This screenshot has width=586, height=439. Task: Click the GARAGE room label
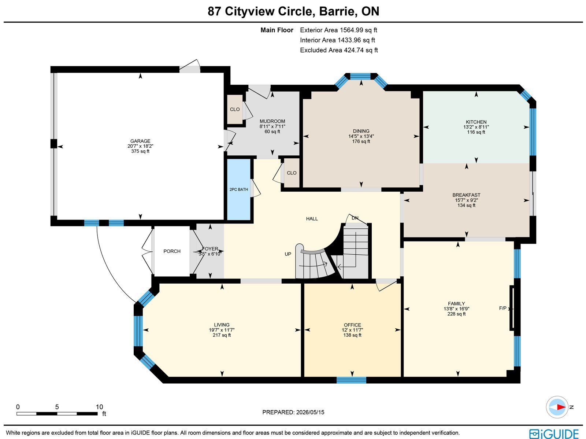[x=140, y=141]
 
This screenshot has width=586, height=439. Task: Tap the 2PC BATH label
[x=239, y=189]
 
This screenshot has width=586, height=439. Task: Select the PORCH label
[x=172, y=251]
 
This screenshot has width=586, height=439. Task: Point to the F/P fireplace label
[x=503, y=308]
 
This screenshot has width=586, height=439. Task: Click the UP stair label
[x=288, y=254]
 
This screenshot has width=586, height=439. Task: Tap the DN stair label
[x=355, y=218]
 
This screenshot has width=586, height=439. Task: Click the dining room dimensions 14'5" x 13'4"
[x=361, y=136]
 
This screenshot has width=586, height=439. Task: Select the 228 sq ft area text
[x=456, y=314]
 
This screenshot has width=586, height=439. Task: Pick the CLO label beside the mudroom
[x=235, y=109]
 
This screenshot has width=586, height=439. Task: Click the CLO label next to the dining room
[x=292, y=173]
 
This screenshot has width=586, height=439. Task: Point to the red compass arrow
[x=561, y=407]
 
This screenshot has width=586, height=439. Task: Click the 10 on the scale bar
[x=99, y=407]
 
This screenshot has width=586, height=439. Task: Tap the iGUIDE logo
[x=554, y=434]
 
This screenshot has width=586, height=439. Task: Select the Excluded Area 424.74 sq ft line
[x=339, y=50]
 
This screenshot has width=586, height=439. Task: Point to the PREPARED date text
[x=293, y=412]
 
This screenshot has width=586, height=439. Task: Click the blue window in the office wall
[x=351, y=380]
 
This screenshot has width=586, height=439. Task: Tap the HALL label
[x=312, y=219]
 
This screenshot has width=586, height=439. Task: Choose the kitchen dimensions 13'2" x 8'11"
[x=476, y=127]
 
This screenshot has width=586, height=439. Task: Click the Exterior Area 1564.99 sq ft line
[x=338, y=30]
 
